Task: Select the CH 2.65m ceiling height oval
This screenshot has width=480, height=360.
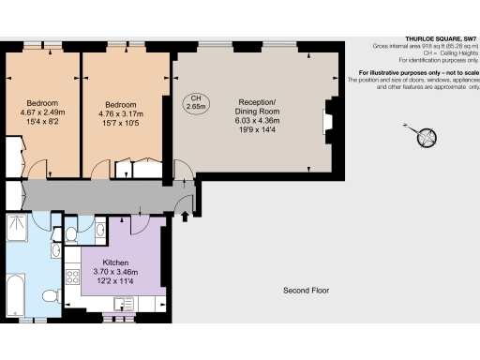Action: (196, 102)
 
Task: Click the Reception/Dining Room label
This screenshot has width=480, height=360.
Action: (258, 104)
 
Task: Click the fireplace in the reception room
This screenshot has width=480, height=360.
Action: (328, 122)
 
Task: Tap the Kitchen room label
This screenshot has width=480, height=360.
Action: (115, 263)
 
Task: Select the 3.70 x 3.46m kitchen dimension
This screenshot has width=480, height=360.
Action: (115, 272)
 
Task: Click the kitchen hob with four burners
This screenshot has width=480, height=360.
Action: (73, 278)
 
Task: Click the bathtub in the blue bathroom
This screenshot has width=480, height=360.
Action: (19, 294)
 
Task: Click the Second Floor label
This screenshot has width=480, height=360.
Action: (307, 291)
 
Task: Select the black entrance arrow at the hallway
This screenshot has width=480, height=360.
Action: (184, 217)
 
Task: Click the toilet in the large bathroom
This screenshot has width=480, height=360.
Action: (51, 296)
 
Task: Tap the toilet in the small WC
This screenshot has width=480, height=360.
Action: (72, 232)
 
